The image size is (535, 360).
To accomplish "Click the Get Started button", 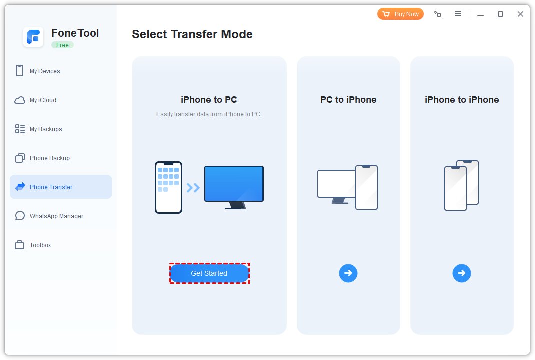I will tap(209, 273).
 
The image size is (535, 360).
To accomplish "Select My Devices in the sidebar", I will tap(44, 71).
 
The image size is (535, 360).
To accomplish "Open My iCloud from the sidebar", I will tap(43, 100).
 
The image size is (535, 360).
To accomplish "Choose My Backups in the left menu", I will tap(45, 129).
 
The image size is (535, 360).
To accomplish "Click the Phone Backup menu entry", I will tap(49, 158).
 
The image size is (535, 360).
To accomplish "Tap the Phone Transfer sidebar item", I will tap(51, 187).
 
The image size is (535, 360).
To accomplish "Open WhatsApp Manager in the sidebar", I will tap(56, 216).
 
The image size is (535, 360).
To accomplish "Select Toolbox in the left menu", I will tap(40, 245).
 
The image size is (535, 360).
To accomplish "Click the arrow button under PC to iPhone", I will tap(348, 273).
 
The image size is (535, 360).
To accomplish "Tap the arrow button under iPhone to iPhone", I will tap(462, 273).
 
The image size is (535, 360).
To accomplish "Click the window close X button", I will tap(520, 14).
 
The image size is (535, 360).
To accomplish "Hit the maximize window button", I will tap(500, 14).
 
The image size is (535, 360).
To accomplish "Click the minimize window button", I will tap(480, 14).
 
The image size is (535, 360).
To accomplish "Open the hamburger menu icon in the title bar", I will tap(458, 14).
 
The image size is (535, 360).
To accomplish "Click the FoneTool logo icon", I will tap(33, 37).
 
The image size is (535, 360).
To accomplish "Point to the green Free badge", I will tap(62, 45).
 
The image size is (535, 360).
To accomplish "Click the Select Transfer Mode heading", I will tap(192, 34).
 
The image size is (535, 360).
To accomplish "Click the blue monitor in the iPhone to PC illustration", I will tap(234, 184).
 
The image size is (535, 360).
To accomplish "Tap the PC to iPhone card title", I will tap(348, 100).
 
